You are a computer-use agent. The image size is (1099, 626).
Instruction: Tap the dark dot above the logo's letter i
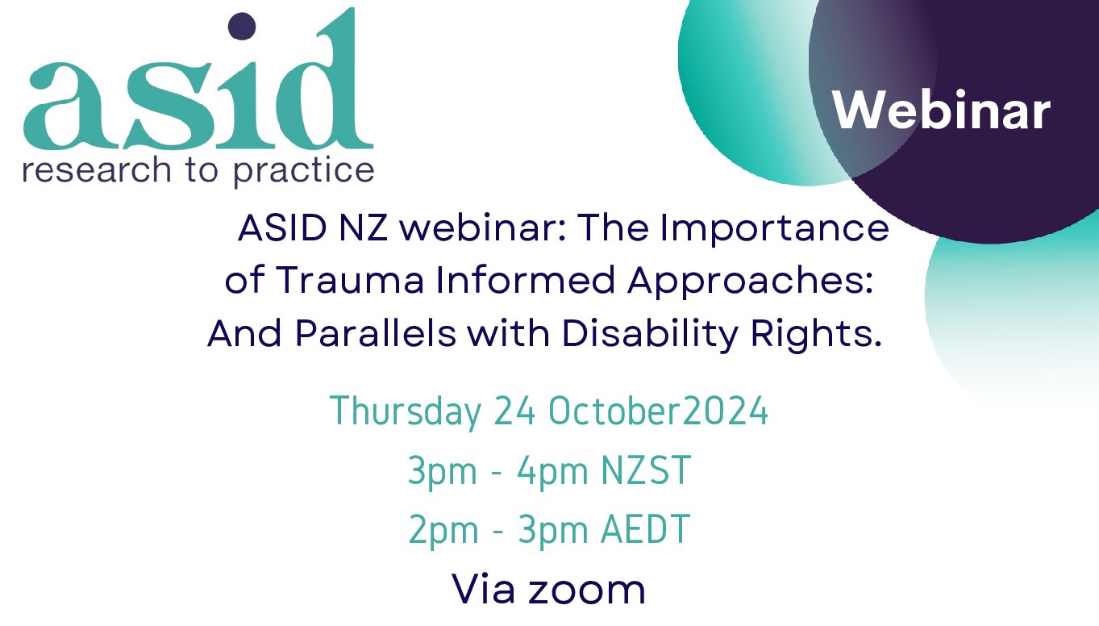coord(242,26)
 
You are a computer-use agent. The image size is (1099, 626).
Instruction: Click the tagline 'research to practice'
coord(198,171)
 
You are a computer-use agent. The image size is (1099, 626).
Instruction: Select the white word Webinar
coord(942,111)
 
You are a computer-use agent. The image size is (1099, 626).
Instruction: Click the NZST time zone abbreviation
coord(646,471)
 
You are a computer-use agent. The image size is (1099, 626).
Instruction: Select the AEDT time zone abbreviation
coord(646,530)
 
